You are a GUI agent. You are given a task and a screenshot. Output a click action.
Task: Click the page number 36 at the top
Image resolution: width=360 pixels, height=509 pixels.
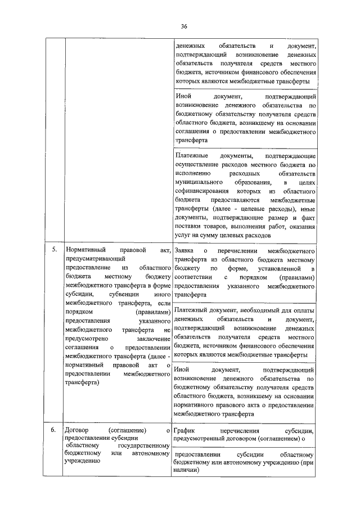point(184,26)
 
